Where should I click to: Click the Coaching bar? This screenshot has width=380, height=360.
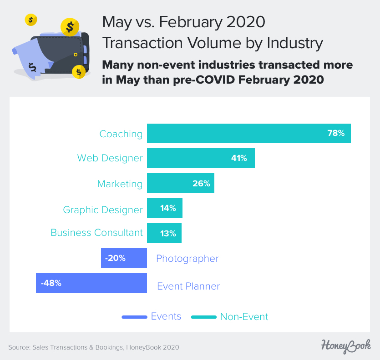pyautogui.click(x=248, y=134)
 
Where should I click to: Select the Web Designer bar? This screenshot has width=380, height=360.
pyautogui.click(x=200, y=158)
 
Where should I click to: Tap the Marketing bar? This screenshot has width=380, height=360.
pyautogui.click(x=180, y=184)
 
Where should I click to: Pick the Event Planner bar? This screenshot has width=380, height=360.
pyautogui.click(x=91, y=283)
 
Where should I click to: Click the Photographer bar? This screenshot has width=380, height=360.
pyautogui.click(x=124, y=258)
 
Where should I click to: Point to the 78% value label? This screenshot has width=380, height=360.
pyautogui.click(x=336, y=134)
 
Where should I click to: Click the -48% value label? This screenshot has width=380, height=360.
pyautogui.click(x=51, y=283)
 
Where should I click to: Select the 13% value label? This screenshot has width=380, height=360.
pyautogui.click(x=168, y=234)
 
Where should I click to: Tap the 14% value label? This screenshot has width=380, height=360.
pyautogui.click(x=168, y=208)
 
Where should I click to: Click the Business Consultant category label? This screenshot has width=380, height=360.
pyautogui.click(x=96, y=233)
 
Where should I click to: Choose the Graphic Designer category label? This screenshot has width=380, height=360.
pyautogui.click(x=103, y=210)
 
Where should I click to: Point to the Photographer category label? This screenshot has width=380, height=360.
pyautogui.click(x=187, y=259)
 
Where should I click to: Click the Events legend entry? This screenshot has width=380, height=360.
pyautogui.click(x=166, y=316)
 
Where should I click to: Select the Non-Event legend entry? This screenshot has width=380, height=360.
pyautogui.click(x=244, y=317)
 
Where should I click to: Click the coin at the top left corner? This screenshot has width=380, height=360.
pyautogui.click(x=31, y=20)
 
